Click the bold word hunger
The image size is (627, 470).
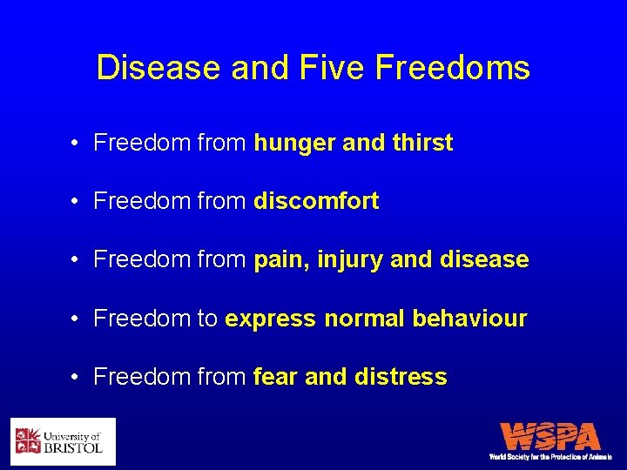tap(294, 144)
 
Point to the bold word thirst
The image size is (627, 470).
tap(421, 143)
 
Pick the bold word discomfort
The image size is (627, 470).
tap(316, 201)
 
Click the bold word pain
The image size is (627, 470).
tap(281, 260)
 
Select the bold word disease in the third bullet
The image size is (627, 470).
tap(484, 259)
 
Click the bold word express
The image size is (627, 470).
tap(270, 319)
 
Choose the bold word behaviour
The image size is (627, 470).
tap(469, 319)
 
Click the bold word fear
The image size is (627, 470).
tap(276, 377)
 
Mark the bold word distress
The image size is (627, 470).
tap(401, 377)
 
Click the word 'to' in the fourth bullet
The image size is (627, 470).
tap(207, 319)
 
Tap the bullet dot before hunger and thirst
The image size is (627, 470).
tap(78, 144)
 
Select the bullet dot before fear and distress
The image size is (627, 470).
tap(78, 378)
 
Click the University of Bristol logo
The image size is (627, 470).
tap(63, 441)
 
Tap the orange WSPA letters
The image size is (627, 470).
tap(550, 436)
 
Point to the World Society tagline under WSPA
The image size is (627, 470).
tap(550, 456)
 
